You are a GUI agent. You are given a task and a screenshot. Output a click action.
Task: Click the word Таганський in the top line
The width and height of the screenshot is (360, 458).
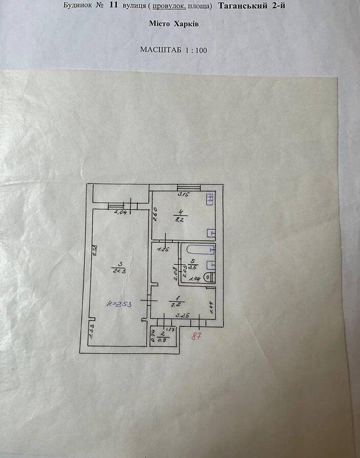pyautogui.click(x=241, y=6)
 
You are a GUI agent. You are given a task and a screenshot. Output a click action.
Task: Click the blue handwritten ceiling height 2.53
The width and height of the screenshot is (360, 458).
pyautogui.click(x=119, y=304)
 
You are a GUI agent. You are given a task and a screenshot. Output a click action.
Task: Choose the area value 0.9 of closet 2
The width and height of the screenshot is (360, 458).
pyautogui.click(x=164, y=339)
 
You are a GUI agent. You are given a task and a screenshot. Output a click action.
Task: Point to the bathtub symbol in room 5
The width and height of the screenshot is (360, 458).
pyautogui.click(x=201, y=250)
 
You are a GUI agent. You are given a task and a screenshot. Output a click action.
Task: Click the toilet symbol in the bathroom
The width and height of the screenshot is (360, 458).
pyautogui.click(x=209, y=277)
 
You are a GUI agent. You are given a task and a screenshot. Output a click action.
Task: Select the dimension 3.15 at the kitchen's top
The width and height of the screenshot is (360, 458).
pyautogui.click(x=183, y=195)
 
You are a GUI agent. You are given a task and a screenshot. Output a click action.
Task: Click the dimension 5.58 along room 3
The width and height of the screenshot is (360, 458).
pyautogui.click(x=95, y=251)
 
